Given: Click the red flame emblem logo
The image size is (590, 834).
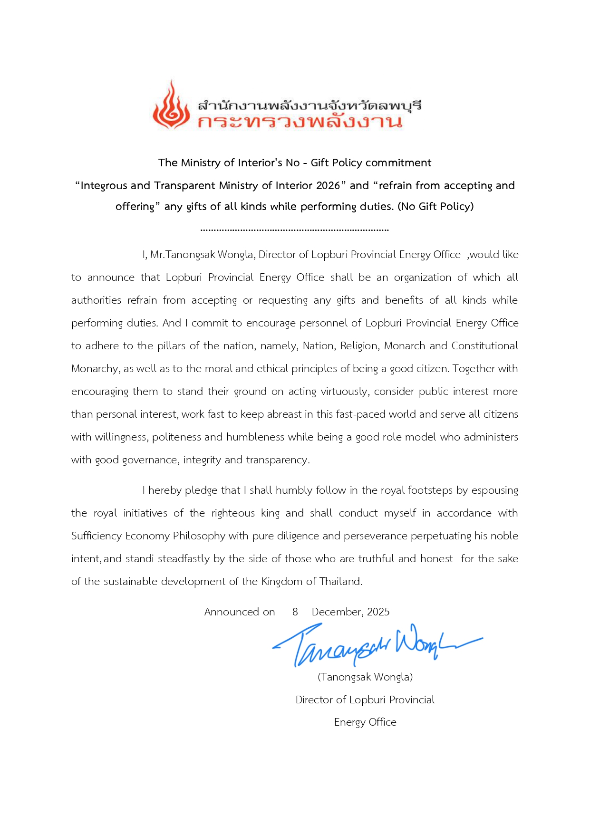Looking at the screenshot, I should tap(171, 105).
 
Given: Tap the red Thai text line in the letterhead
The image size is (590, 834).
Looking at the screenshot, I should tap(300, 122).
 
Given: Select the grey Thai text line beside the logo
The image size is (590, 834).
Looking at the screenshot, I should tap(310, 105).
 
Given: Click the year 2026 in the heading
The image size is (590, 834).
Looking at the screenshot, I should tap(328, 185).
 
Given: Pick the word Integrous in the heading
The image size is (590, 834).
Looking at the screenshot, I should tap(104, 185).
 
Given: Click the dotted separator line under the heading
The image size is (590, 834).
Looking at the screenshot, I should tap(295, 230).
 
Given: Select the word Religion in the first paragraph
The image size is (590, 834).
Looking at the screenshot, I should tap(359, 346).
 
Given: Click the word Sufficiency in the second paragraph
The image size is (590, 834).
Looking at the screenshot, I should tap(97, 536).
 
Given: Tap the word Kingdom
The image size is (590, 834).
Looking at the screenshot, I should tap(281, 582).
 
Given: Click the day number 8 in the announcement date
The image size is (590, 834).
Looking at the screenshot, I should tap(295, 612).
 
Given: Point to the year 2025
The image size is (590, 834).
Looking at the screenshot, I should tap(378, 612).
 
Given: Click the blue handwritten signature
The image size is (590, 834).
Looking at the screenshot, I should tap(376, 644).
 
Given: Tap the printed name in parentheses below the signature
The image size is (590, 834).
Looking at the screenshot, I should tap(365, 677).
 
